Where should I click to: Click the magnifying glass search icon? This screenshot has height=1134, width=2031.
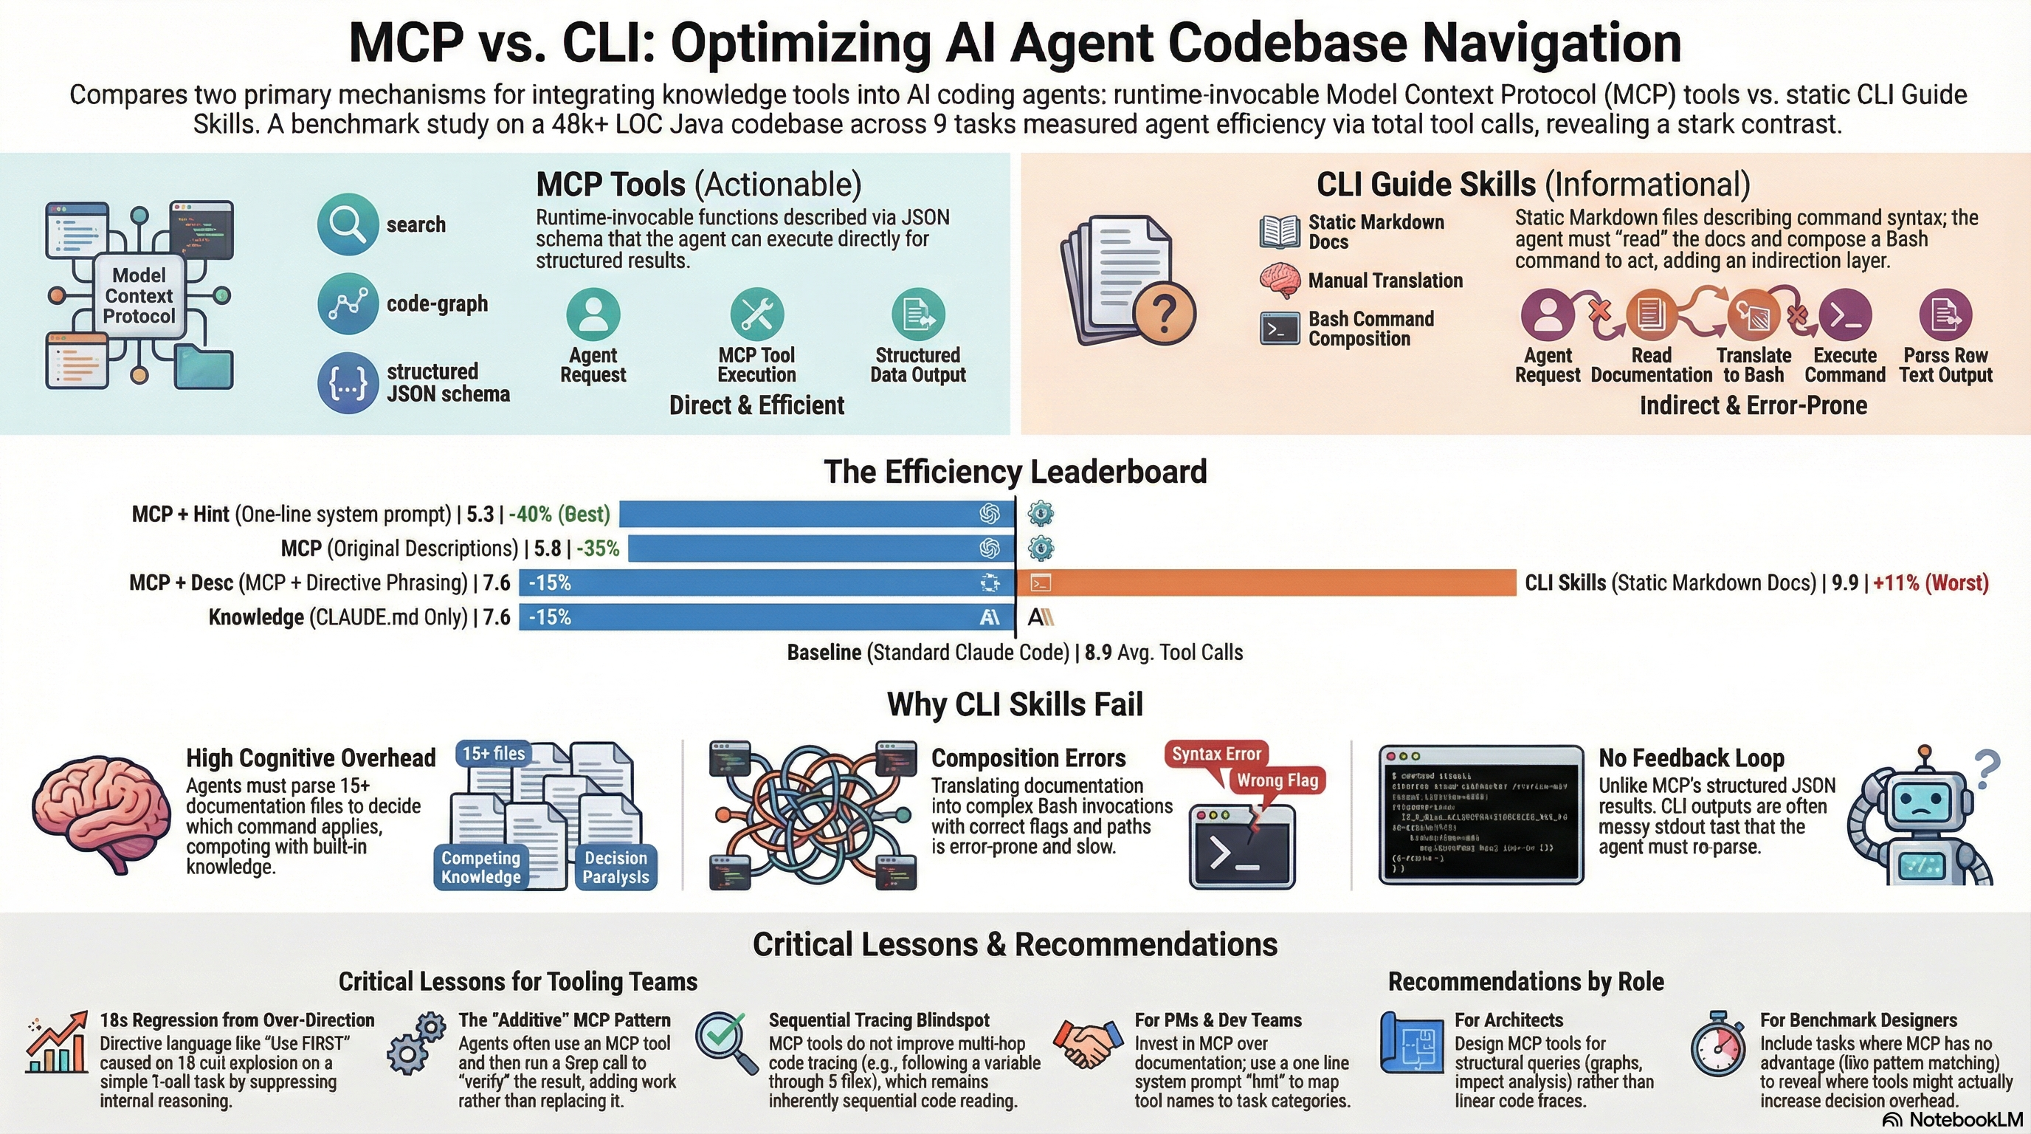[348, 224]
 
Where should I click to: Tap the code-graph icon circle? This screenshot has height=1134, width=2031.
[348, 303]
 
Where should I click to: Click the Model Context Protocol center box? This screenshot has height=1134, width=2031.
[139, 296]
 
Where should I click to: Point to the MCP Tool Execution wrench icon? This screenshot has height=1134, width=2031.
[756, 314]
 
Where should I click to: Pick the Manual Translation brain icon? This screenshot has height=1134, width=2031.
[1279, 280]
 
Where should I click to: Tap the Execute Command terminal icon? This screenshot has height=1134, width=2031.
[1844, 315]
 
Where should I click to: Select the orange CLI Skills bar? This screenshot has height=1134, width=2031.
[1266, 583]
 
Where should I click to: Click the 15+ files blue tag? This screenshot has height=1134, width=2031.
[493, 753]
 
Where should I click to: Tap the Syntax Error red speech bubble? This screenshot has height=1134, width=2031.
[1216, 754]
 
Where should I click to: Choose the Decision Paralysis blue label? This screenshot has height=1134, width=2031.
[615, 867]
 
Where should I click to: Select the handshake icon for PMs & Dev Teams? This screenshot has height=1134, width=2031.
[1088, 1044]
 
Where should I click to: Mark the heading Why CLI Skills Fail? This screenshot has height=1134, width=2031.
[1015, 704]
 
